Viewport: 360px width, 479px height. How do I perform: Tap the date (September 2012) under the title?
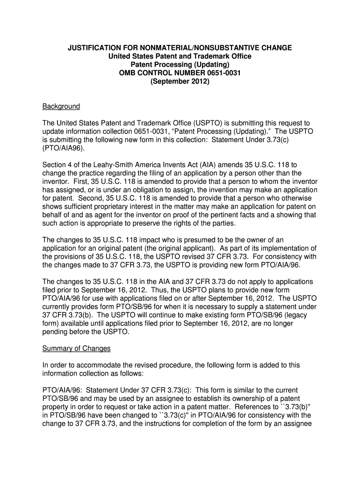[180, 81]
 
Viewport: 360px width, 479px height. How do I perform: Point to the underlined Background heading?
[61, 107]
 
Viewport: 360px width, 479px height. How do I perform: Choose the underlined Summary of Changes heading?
[76, 348]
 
